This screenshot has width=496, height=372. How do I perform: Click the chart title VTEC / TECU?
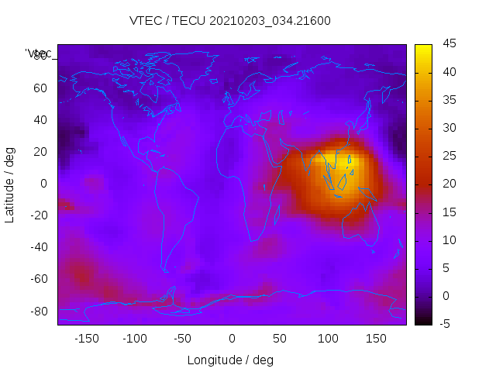[230, 21]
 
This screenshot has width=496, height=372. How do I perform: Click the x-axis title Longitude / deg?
[230, 360]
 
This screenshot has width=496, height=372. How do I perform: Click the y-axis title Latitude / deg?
[10, 184]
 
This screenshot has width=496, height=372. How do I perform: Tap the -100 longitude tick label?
[134, 339]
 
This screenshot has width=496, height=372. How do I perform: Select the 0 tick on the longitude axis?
[232, 339]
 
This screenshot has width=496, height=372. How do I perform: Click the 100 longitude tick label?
[328, 339]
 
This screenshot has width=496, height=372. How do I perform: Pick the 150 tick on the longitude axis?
[376, 339]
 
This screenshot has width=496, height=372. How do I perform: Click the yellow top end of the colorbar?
[423, 48]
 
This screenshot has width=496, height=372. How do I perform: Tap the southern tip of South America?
[165, 270]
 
